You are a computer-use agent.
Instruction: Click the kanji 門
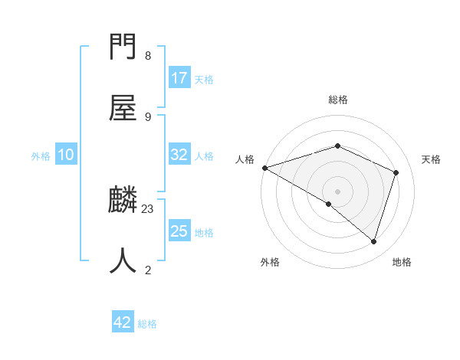123,47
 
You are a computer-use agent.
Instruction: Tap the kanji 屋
123,107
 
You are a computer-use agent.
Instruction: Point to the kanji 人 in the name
123,260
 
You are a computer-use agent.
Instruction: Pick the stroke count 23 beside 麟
148,209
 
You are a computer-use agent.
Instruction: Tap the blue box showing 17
179,78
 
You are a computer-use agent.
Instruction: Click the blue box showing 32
179,155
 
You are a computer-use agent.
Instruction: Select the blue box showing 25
179,231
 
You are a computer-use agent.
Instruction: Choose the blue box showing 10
66,155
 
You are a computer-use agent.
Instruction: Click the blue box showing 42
123,322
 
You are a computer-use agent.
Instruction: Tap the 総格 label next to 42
147,324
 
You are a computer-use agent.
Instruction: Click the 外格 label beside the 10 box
41,156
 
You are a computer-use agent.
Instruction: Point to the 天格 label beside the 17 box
204,80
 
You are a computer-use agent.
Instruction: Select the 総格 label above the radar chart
337,100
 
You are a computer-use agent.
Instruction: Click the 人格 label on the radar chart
245,159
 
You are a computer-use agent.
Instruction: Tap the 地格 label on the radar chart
402,263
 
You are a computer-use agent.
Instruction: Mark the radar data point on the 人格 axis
264,168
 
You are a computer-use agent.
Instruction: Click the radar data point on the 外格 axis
329,204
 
